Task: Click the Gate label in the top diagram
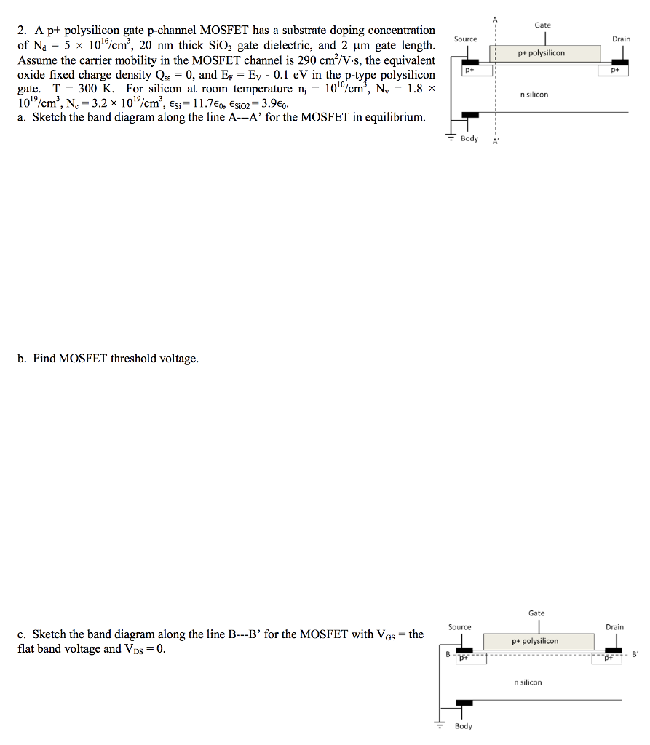[542, 25]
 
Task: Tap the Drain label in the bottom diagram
[614, 626]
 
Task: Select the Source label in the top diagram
[466, 39]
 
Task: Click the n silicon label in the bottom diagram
[528, 682]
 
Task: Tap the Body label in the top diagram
[469, 138]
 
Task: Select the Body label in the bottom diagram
[463, 726]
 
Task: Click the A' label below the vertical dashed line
[496, 141]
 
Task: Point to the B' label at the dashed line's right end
[635, 654]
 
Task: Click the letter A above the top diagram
[496, 18]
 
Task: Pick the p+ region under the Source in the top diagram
[469, 71]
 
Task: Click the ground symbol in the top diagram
[451, 137]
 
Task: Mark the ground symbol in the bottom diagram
[440, 725]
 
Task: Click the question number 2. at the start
[23, 31]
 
